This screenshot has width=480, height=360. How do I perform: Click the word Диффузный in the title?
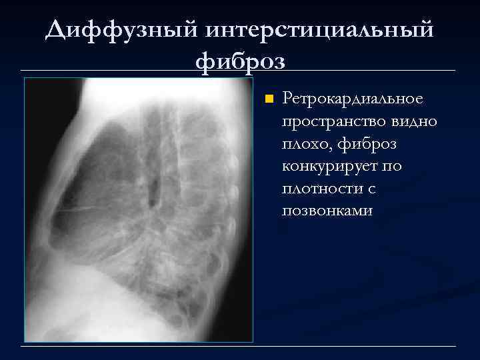click(122, 30)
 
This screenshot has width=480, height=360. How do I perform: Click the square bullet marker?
click(268, 99)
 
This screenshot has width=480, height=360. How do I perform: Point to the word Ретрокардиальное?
click(353, 99)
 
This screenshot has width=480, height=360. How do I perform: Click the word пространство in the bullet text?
click(330, 121)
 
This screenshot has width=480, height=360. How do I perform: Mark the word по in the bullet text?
click(393, 166)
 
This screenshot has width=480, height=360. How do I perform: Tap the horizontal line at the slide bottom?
click(240, 346)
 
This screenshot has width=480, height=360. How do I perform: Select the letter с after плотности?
click(371, 189)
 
